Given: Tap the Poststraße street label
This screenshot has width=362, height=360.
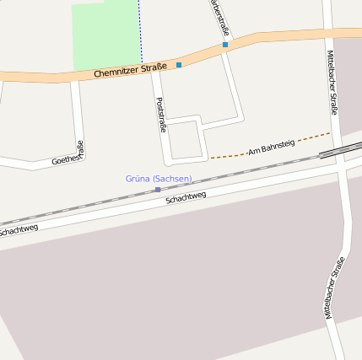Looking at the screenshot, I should [x=161, y=115].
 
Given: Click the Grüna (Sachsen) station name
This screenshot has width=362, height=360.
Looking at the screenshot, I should [x=159, y=179].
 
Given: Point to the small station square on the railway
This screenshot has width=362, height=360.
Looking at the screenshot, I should [x=158, y=190].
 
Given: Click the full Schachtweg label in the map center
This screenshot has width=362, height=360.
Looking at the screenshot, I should [x=186, y=199].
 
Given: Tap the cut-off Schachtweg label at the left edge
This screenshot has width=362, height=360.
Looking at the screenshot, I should [x=17, y=229].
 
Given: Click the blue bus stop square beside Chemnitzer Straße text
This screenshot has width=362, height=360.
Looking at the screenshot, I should [x=179, y=65].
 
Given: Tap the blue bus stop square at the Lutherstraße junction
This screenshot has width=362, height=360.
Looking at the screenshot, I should [x=225, y=45].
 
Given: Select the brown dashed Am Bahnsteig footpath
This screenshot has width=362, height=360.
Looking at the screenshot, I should [x=228, y=156].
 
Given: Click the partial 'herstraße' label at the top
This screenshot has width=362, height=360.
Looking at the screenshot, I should [x=218, y=16].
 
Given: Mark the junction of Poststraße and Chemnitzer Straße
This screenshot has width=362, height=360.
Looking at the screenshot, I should [x=154, y=73].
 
